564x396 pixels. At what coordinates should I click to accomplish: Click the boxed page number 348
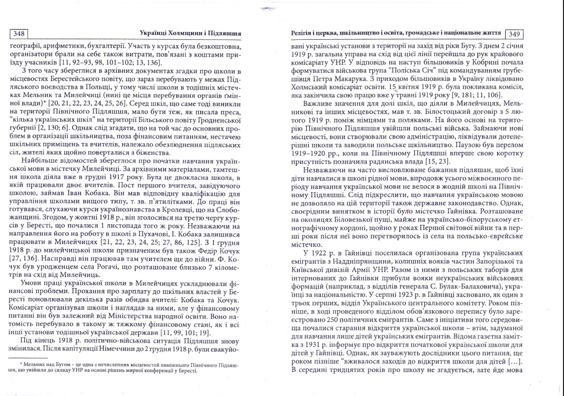pos(19,34)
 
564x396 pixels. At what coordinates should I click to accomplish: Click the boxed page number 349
pos(514,34)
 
